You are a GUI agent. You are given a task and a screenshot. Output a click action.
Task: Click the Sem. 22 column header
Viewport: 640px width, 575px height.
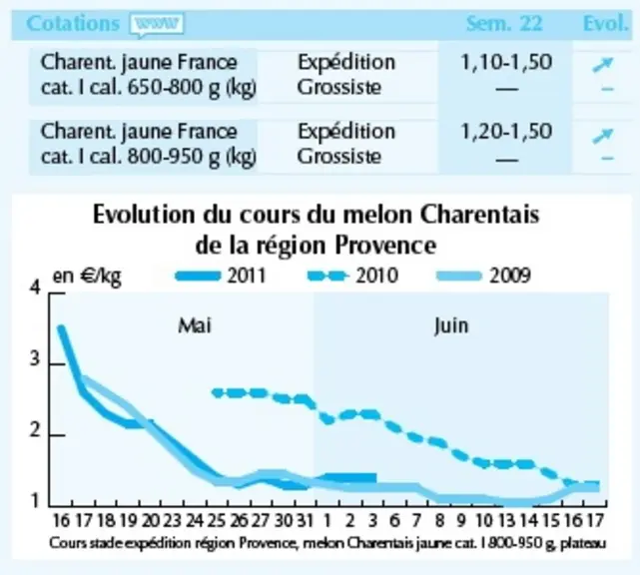[x=504, y=23]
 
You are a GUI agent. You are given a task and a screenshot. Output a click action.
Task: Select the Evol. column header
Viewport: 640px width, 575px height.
[x=606, y=23]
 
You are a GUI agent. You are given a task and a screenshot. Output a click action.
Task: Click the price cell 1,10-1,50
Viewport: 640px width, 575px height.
[x=506, y=62]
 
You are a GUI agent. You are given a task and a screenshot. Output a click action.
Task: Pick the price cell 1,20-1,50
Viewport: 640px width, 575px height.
[x=506, y=131]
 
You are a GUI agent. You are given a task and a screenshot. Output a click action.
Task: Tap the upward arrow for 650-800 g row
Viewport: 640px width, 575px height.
[x=603, y=65]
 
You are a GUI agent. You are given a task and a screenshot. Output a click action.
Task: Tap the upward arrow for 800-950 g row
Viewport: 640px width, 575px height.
[x=603, y=136]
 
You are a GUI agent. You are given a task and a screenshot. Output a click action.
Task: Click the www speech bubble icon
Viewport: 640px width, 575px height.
[x=156, y=25]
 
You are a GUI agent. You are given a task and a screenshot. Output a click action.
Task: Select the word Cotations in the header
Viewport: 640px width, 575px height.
[x=73, y=23]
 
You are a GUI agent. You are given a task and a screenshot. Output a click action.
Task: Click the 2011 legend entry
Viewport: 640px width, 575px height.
[x=221, y=276]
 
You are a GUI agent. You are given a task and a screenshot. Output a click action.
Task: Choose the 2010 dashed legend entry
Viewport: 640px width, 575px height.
[x=352, y=276]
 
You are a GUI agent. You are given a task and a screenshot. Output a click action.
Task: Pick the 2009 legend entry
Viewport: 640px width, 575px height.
[x=483, y=276]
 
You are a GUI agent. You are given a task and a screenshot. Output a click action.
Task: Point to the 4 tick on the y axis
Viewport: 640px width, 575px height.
[x=36, y=287]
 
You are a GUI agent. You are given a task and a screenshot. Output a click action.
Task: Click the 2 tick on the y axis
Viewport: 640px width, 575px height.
[x=35, y=430]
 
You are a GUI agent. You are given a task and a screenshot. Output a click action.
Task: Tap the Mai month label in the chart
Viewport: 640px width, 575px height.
[x=195, y=325]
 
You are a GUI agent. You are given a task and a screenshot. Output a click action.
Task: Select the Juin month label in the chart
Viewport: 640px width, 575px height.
[x=451, y=325]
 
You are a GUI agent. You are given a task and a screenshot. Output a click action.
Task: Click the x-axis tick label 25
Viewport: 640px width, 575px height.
[x=217, y=521]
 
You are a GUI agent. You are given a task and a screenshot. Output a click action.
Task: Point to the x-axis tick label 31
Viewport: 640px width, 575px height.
[x=305, y=521]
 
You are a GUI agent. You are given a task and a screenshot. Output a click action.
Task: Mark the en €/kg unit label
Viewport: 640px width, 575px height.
[x=87, y=277]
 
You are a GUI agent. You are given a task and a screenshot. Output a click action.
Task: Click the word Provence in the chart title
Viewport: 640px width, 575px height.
[x=385, y=246]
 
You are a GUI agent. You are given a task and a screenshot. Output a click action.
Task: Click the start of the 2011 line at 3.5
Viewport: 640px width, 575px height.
[x=61, y=327]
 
